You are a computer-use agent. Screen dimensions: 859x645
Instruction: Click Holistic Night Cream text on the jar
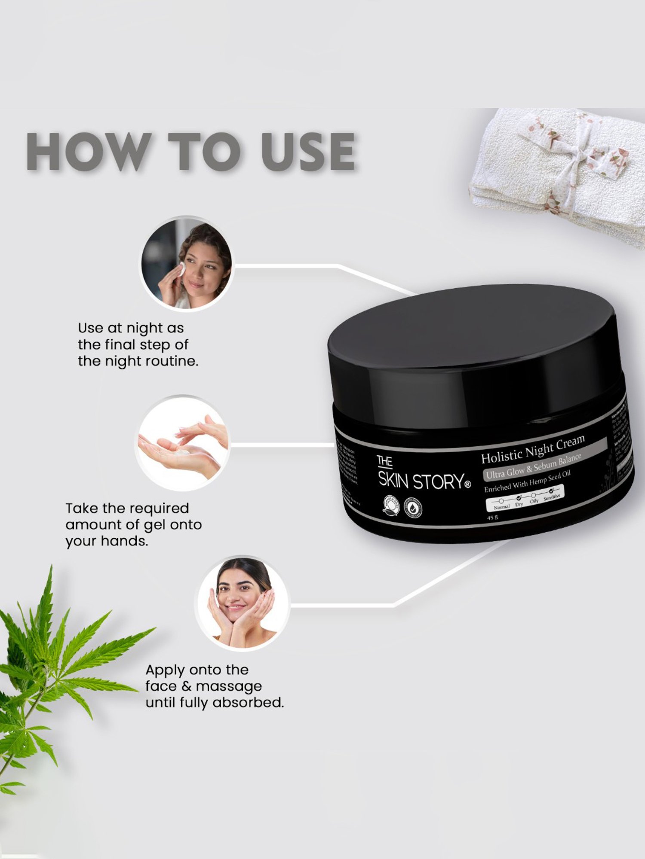[532, 450]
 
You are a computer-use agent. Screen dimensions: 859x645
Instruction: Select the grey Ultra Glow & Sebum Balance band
[533, 466]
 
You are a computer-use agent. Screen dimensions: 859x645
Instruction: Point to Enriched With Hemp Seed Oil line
[527, 482]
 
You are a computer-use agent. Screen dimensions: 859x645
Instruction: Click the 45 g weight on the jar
[492, 518]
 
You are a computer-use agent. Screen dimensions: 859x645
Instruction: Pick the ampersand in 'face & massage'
[186, 686]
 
